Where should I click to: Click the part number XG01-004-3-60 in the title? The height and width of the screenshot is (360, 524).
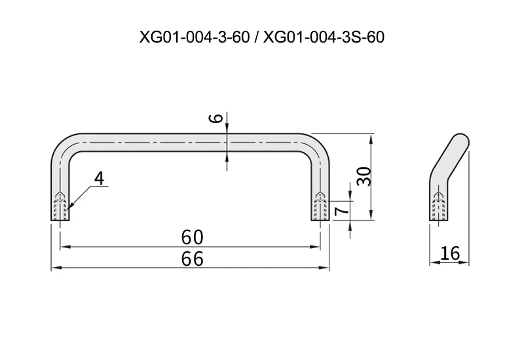(x=195, y=37)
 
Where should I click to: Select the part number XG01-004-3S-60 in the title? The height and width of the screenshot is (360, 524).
(x=324, y=37)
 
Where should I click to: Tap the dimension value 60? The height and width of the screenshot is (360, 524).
(x=192, y=237)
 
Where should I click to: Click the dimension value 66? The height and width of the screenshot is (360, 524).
(x=192, y=259)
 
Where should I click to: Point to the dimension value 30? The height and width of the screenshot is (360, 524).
(x=364, y=176)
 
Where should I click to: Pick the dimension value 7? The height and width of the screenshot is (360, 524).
(x=341, y=209)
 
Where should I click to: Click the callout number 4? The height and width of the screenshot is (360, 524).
(x=99, y=178)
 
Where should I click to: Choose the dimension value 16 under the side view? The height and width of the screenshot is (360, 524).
(x=450, y=253)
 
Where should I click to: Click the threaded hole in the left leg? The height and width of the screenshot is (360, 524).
(x=60, y=206)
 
